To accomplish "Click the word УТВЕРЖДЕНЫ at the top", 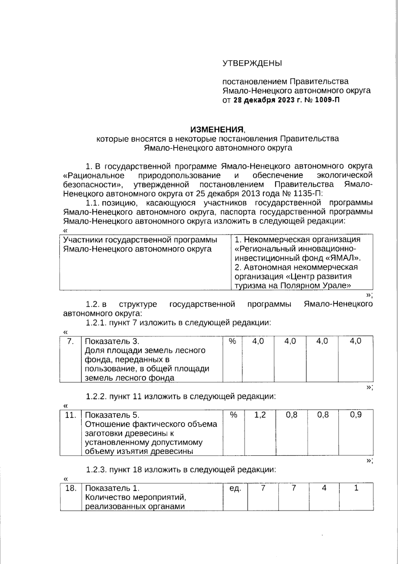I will click(x=252, y=63).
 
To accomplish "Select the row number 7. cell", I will click(x=70, y=341).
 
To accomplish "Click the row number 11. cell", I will click(x=70, y=415).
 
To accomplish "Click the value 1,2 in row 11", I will click(x=260, y=415).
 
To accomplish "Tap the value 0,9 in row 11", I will click(x=356, y=415).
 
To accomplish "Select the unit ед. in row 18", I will click(x=235, y=489).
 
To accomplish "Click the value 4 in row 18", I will click(x=324, y=488).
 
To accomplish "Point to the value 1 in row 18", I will click(x=356, y=488).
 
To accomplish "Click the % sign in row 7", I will click(x=232, y=341).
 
